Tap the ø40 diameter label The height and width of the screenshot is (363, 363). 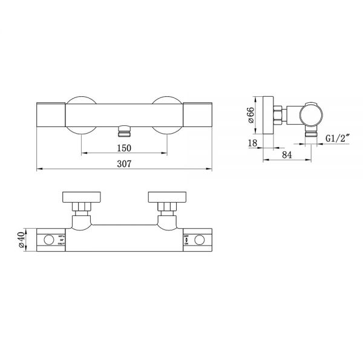tap(22, 240)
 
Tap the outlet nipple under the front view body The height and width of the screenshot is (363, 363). tap(123, 130)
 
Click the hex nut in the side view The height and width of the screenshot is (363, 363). tap(279, 114)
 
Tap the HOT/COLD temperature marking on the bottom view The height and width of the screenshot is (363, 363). tap(61, 240)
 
